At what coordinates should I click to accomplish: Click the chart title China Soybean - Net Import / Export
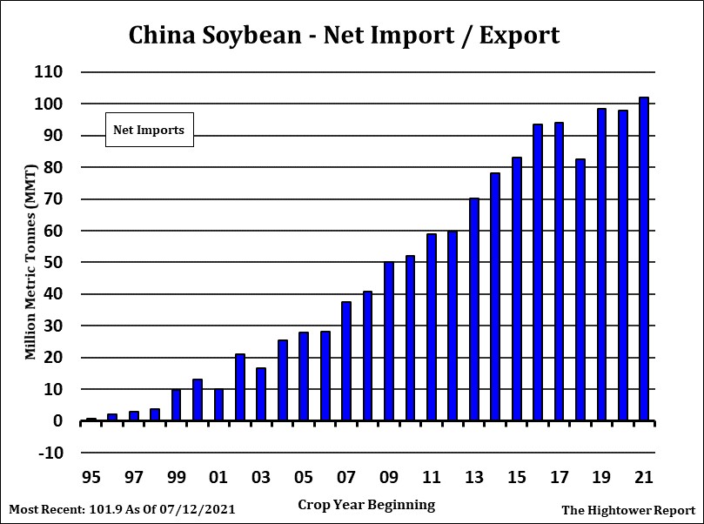[x=344, y=35]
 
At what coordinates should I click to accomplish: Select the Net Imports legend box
[x=149, y=130]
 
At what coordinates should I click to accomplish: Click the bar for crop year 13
[x=474, y=309]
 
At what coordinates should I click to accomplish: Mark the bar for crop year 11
[x=432, y=327]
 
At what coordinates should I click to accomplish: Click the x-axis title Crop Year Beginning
[x=366, y=505]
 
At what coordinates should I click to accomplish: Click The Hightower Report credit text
[x=628, y=510]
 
